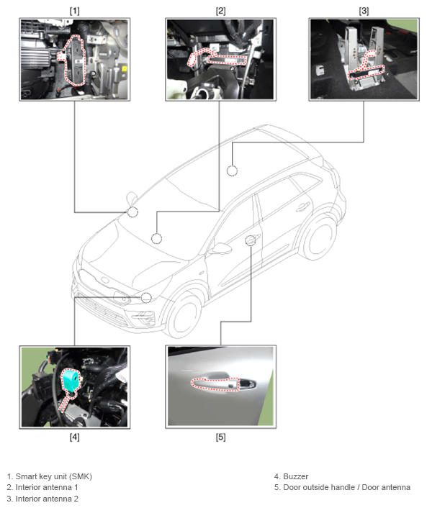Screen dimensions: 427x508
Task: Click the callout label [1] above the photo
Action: click(x=74, y=11)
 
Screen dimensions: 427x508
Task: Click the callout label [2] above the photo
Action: click(x=220, y=11)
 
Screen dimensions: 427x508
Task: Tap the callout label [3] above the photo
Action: click(x=364, y=11)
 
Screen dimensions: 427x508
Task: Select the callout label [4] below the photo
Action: click(x=74, y=437)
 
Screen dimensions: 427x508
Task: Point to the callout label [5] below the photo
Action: click(x=220, y=437)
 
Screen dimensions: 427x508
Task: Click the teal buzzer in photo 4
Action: click(x=71, y=379)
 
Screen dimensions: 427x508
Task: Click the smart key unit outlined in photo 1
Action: click(x=75, y=60)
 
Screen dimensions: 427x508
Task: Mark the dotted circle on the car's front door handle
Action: click(x=251, y=240)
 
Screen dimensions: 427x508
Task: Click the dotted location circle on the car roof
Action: click(x=232, y=171)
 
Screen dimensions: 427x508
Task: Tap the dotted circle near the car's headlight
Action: click(x=146, y=298)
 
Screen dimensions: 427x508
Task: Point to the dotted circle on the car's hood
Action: click(x=156, y=238)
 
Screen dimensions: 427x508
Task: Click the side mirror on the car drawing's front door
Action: click(x=220, y=248)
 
